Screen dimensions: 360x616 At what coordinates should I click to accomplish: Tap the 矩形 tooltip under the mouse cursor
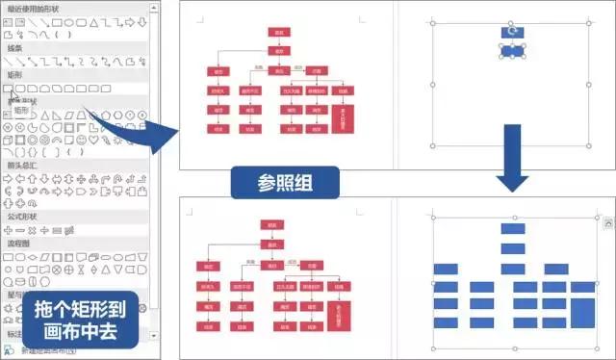[20, 111]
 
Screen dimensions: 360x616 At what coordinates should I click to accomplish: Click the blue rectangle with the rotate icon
[512, 32]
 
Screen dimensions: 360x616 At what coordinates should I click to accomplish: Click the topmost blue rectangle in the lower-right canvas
[512, 228]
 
